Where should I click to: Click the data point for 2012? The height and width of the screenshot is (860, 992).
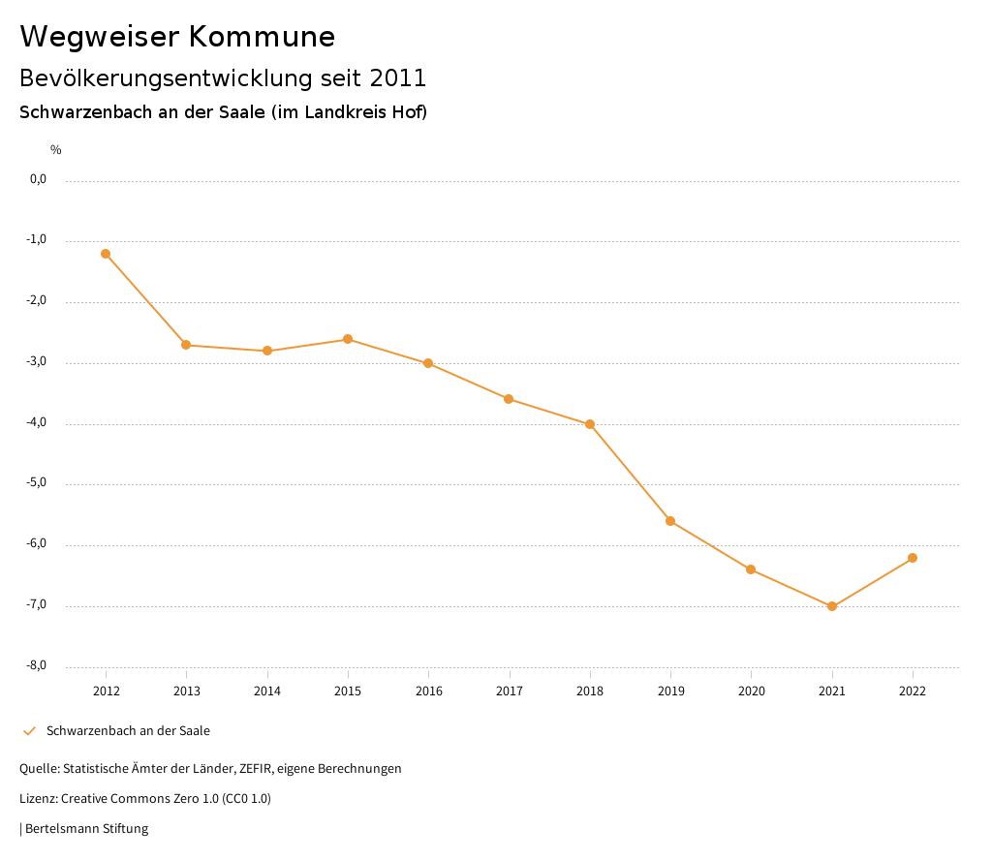106,254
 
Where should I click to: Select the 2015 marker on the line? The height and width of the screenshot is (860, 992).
348,339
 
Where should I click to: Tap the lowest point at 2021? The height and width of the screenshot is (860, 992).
832,606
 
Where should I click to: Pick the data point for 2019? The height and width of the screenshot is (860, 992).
670,521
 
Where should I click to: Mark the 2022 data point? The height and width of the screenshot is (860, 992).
913,558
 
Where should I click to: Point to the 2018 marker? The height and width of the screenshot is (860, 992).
590,424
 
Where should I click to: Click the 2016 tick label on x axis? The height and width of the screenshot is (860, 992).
428,691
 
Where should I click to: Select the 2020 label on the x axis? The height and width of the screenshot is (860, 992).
752,691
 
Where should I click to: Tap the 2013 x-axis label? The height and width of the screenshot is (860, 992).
186,691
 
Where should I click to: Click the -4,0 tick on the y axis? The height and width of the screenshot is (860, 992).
38,423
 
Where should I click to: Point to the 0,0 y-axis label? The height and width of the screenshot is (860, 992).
39,179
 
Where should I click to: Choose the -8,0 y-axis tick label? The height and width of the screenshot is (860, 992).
38,665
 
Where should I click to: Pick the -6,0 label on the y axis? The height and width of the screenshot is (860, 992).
38,544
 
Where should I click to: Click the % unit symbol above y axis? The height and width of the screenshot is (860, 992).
56,150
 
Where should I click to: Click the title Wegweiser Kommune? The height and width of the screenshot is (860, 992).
177,37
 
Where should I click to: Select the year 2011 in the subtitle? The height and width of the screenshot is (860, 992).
398,77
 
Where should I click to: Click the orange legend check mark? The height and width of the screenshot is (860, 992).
29,731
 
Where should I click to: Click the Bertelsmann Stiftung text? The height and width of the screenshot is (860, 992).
86,829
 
